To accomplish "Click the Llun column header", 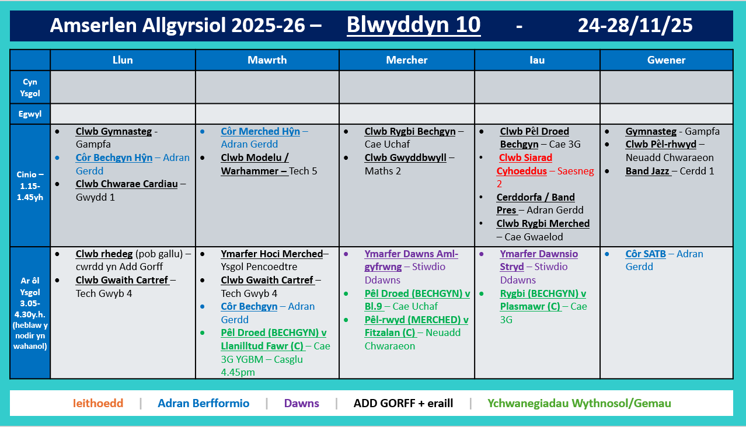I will tap(123, 60).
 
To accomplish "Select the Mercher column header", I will tap(406, 60).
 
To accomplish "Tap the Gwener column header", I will tap(666, 60).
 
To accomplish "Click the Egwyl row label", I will tap(30, 114).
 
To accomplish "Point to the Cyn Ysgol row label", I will tap(30, 87).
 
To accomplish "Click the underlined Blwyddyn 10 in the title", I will tap(413, 25).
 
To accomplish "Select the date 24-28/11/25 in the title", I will tap(635, 25).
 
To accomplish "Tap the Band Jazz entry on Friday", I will tap(647, 171).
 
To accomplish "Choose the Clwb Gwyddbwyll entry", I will tap(405, 157).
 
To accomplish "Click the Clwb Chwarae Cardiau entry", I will tap(127, 184).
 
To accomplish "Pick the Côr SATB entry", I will tap(646, 254).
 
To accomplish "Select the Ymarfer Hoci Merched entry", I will tap(271, 254).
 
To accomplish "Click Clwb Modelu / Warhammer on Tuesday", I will tap(255, 164).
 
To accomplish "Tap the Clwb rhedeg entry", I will tap(104, 254).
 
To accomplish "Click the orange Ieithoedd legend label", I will tap(98, 403).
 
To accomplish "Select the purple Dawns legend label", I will tap(301, 403).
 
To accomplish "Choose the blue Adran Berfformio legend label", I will tap(203, 403).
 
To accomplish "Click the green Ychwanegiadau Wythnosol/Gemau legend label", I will tap(579, 403).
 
